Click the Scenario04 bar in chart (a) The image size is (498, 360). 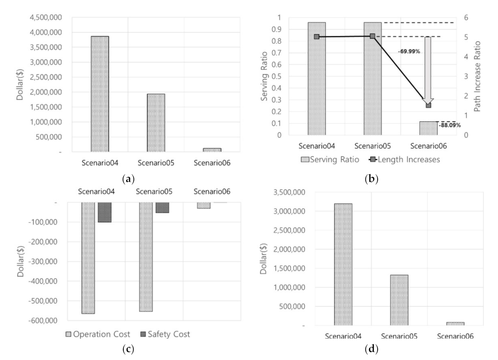100,94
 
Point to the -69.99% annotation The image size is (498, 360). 409,51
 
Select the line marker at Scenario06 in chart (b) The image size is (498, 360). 428,105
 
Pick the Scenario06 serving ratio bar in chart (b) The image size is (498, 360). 428,128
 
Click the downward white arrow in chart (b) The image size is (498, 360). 428,69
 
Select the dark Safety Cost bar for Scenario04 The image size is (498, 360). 104,212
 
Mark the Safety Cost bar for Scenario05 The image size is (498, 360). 162,207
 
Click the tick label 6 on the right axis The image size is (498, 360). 467,18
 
